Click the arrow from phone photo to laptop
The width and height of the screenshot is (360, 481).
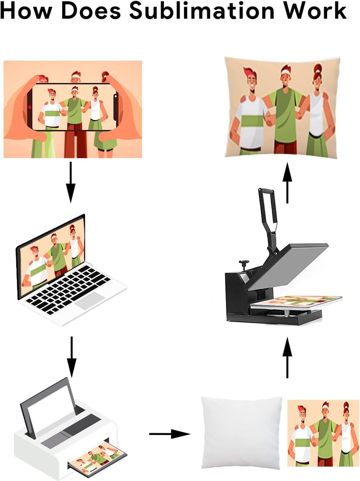point(71,182)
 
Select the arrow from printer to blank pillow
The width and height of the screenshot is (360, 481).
point(170,434)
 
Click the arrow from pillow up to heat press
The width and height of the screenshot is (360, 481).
point(287,357)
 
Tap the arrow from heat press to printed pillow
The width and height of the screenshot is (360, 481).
point(287,183)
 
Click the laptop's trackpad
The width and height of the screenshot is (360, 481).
point(89,300)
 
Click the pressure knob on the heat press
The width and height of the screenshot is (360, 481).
point(243,263)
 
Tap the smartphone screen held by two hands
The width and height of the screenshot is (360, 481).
point(73,106)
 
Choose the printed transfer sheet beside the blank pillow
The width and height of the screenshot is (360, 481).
point(323,433)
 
